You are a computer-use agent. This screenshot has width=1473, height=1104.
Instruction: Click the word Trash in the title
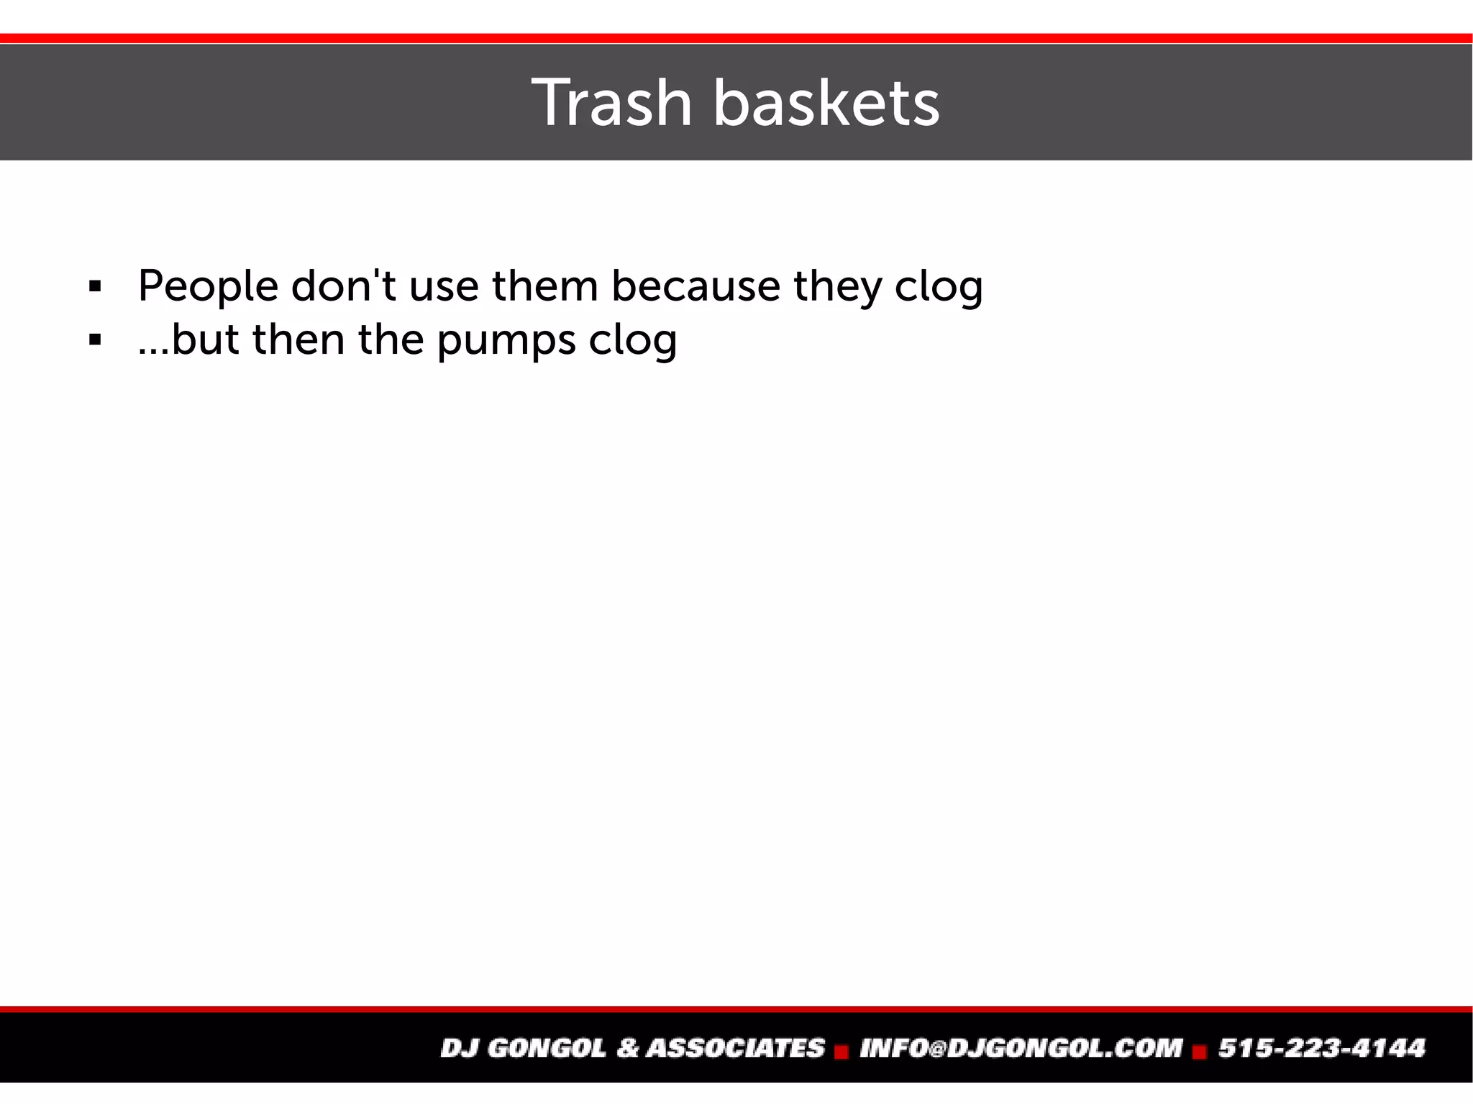(x=611, y=104)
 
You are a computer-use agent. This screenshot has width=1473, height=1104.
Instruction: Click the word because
(x=696, y=286)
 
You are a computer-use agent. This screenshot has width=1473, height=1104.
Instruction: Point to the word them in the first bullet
(x=545, y=286)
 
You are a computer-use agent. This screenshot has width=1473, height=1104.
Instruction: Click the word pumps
(x=506, y=341)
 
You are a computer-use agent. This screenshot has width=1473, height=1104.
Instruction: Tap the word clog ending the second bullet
(x=633, y=341)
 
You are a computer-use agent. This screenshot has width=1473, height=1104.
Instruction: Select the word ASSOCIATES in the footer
(x=735, y=1048)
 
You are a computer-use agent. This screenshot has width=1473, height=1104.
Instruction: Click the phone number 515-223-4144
(x=1321, y=1048)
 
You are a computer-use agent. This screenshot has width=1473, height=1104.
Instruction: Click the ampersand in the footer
(x=627, y=1048)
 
